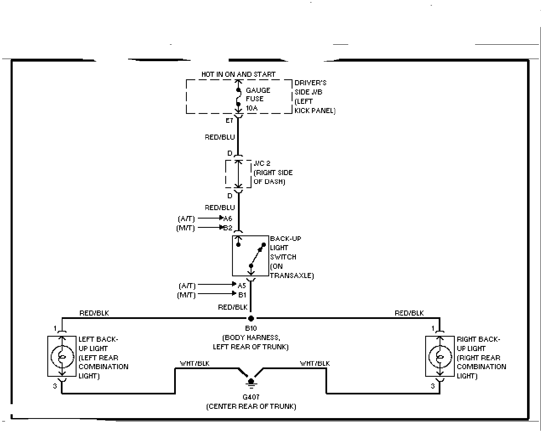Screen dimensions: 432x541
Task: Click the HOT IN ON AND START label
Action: tap(238, 74)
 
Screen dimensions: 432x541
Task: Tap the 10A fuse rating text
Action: tap(252, 108)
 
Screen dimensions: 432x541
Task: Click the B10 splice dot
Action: tap(251, 318)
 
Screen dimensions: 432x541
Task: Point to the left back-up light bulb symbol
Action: tap(62, 357)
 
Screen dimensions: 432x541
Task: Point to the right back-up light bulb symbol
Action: tap(440, 357)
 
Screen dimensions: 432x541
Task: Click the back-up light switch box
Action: tap(251, 256)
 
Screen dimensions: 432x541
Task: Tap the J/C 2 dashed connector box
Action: tap(238, 174)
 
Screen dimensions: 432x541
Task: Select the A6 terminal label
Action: tap(228, 219)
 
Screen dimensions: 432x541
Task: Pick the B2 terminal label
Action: tap(228, 228)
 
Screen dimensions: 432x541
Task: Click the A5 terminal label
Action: tap(242, 285)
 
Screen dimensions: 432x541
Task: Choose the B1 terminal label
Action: tap(242, 294)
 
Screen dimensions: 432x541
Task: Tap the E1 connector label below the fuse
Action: tap(229, 121)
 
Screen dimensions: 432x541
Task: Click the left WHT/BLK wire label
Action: tap(194, 363)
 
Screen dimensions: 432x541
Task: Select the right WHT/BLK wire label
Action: tap(315, 363)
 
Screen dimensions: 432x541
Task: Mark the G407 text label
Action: tap(251, 397)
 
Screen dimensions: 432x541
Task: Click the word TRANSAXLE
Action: tap(292, 275)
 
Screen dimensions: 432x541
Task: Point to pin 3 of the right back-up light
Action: tap(432, 386)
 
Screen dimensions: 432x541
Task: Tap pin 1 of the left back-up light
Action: tap(55, 328)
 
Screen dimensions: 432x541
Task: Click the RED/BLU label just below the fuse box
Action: tap(220, 137)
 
